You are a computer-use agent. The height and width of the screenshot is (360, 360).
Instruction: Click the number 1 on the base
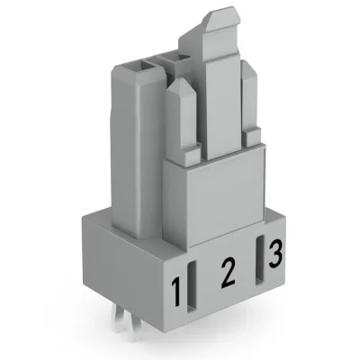click(180, 292)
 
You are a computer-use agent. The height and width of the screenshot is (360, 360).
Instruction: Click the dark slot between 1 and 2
click(196, 283)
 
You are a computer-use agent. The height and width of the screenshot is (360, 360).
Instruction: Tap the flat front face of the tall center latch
click(220, 99)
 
